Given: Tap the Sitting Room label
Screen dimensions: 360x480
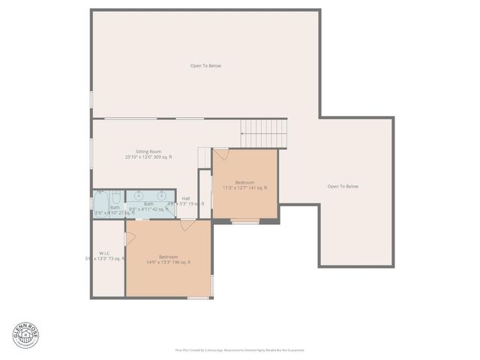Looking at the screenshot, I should click(148, 151).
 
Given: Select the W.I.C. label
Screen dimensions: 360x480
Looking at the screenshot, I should click(106, 253).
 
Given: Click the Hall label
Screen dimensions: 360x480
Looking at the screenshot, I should click(185, 198).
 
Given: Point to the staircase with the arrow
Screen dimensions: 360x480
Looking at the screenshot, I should click(264, 133).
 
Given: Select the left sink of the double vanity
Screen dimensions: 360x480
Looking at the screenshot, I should click(139, 196).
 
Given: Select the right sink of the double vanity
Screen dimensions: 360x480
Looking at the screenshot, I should click(162, 196).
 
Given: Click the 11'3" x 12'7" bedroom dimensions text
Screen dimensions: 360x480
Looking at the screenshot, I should click(244, 188).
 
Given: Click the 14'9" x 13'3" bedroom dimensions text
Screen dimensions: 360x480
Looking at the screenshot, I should click(168, 262).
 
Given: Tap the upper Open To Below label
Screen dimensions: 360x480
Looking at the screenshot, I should click(205, 66).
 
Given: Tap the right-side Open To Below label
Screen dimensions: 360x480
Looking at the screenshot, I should click(343, 187).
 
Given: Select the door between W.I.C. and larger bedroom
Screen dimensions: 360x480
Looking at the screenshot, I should click(129, 238).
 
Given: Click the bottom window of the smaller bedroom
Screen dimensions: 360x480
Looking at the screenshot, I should click(244, 221).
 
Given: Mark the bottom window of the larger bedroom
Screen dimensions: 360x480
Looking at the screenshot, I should click(197, 298).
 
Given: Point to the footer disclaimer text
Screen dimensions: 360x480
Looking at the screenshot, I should click(240, 349).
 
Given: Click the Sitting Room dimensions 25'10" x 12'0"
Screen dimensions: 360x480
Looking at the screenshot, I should click(148, 157).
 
